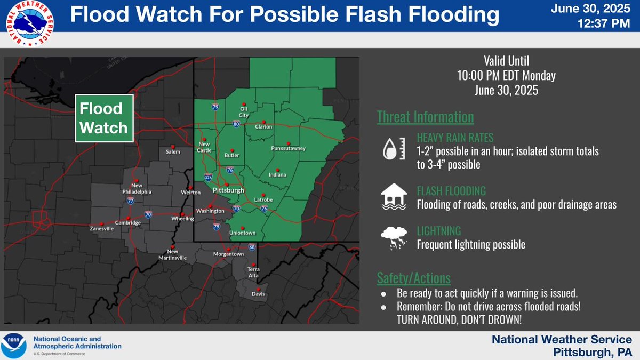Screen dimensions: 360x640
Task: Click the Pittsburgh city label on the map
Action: [228, 190]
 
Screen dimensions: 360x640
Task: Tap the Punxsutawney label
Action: [287, 149]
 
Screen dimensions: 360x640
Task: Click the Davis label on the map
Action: [259, 294]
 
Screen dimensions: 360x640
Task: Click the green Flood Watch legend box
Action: [103, 119]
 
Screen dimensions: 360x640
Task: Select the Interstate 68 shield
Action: [251, 247]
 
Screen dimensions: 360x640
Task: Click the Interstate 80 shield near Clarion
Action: [236, 124]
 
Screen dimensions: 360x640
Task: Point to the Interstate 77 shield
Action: [131, 201]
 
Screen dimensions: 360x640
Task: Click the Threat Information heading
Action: [425, 117]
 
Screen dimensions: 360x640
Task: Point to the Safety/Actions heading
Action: [414, 278]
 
